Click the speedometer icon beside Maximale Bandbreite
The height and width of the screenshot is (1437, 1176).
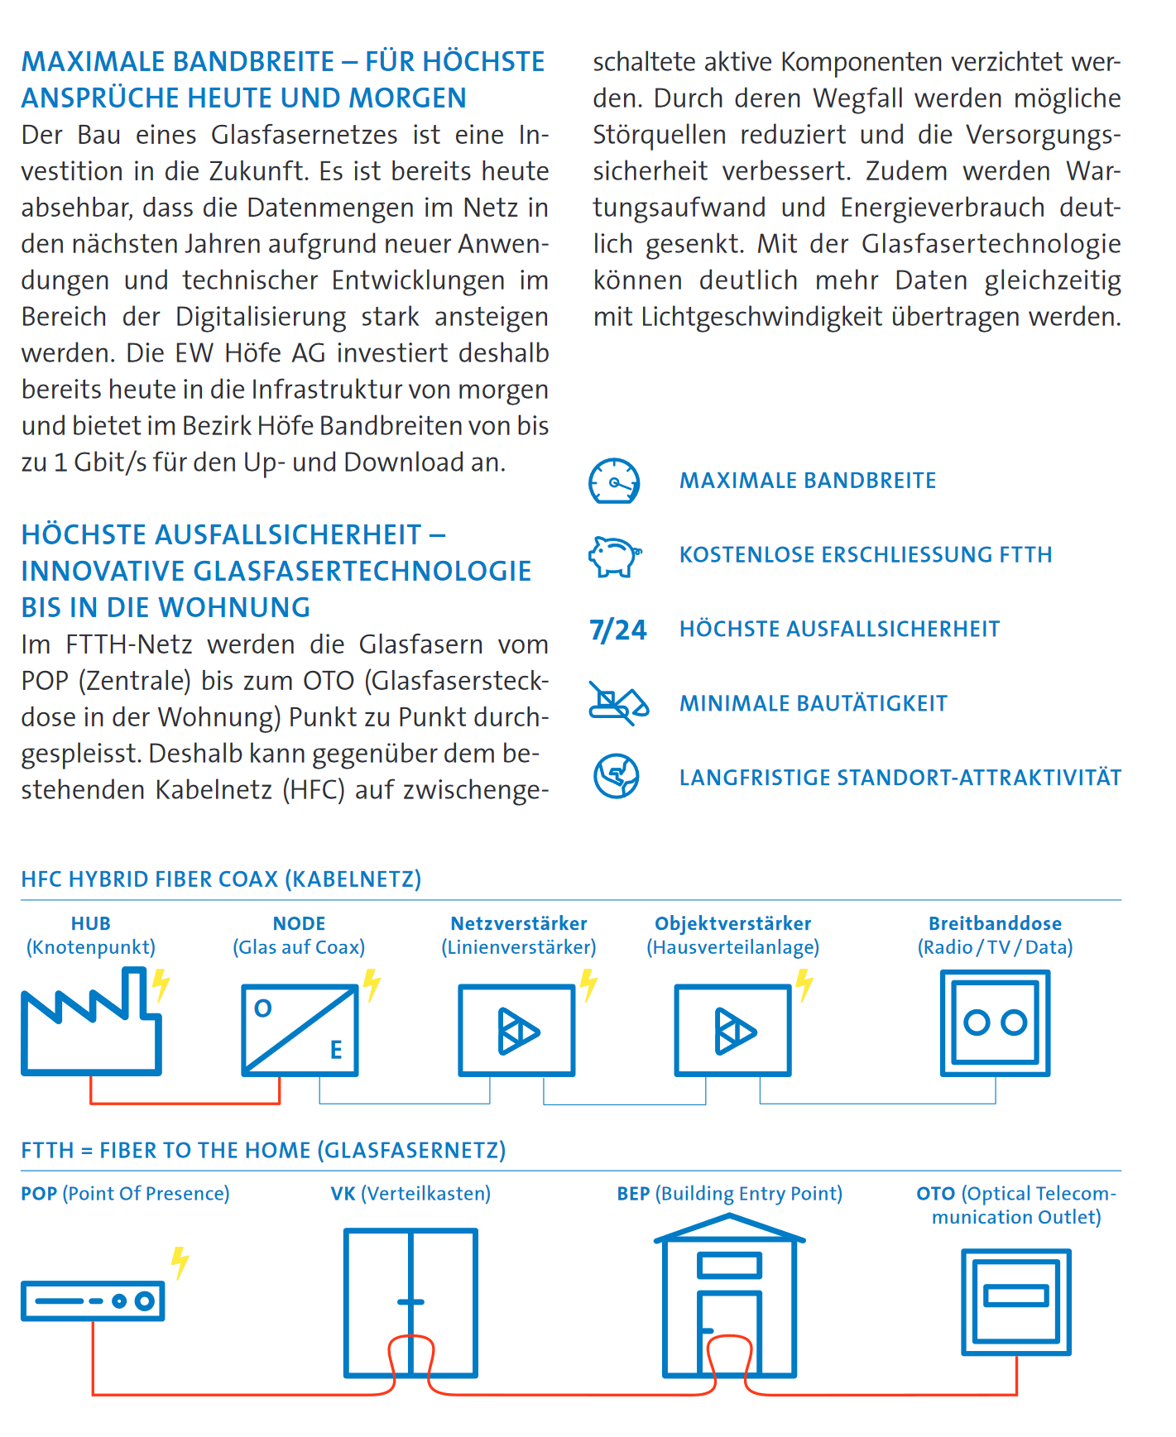tap(614, 481)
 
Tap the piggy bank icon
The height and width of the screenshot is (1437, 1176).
tap(614, 555)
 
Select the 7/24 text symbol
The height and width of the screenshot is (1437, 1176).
tap(617, 630)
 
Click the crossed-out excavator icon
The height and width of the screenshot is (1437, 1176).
tap(617, 703)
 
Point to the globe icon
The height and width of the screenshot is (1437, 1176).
tap(616, 777)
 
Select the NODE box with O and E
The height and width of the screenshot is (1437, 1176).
tap(300, 1030)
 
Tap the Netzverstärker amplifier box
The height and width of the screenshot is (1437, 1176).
tap(517, 1030)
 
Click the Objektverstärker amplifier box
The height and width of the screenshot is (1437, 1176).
tap(733, 1030)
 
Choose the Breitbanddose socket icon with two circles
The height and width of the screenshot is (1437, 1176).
tap(995, 1023)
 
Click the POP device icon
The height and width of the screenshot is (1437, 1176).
tap(93, 1300)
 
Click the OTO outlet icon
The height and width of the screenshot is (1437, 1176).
tap(1016, 1301)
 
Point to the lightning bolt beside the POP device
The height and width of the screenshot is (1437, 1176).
tap(180, 1262)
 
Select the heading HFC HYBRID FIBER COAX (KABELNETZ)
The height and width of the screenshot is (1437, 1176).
tap(221, 879)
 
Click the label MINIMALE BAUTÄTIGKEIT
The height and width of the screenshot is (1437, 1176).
tap(814, 704)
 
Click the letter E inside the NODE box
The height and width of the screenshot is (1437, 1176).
tap(336, 1050)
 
